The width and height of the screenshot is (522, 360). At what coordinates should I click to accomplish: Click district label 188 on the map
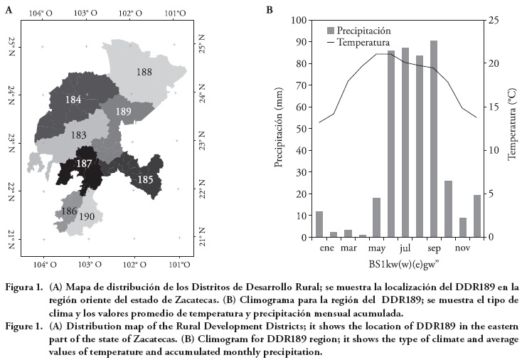[144, 72]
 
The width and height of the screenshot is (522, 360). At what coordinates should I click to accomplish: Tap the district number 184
[73, 100]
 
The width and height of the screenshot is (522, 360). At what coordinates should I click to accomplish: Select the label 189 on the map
[123, 112]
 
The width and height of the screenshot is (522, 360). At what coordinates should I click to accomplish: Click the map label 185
[145, 179]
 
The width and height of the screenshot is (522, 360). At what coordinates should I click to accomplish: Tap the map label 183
[79, 135]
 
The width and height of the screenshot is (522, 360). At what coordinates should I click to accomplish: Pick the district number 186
[69, 211]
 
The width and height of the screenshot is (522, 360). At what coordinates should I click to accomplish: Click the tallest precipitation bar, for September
[434, 139]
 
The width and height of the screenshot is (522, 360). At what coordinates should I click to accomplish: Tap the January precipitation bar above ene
[319, 224]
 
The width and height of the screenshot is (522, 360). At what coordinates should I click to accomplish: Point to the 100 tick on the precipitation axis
[299, 20]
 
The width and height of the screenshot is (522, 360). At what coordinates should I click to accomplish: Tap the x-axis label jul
[405, 249]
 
